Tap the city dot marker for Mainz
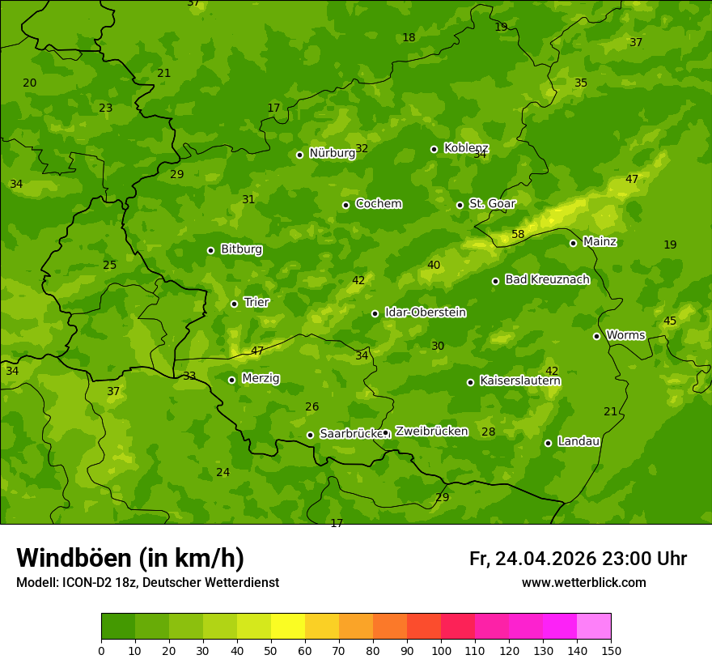573,243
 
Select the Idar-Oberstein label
425,313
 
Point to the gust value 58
518,235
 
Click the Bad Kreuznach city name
547,280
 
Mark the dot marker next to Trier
235,304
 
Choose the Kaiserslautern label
520,381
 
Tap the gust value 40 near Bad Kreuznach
434,265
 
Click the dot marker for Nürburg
299,155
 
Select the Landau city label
578,442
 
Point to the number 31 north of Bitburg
248,199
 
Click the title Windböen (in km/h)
130,558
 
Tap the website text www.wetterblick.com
583,582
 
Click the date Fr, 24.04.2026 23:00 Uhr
578,559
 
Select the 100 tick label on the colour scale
441,649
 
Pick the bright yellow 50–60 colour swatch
288,627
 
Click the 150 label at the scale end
611,649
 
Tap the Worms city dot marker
596,336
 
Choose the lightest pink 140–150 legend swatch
594,627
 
